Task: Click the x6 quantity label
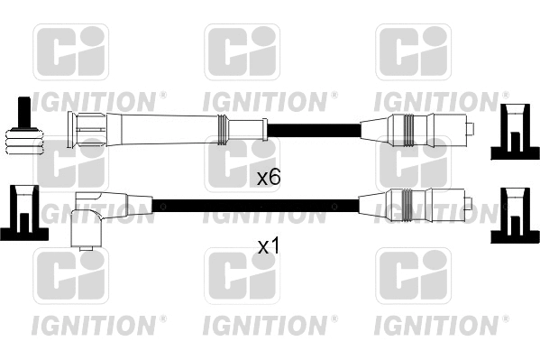pos(269,178)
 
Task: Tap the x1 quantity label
pos(269,245)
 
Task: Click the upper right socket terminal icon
pos(511,132)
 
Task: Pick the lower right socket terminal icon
pos(511,215)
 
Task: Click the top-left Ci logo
pos(70,51)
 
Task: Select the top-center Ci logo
pos(242,51)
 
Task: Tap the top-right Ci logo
pos(413,51)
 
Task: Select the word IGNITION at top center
pos(268,98)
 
